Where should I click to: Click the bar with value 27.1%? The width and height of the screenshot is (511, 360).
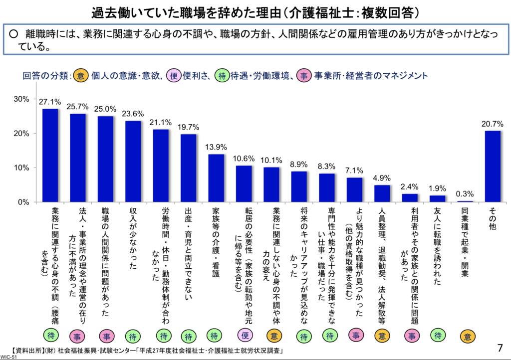[50, 155]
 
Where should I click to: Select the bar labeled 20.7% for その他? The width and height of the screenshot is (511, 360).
[493, 166]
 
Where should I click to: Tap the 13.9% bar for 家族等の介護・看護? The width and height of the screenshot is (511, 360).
[216, 178]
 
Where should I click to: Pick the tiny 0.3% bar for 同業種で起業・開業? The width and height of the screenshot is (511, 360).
[465, 201]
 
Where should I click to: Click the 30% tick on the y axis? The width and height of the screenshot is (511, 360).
[20, 99]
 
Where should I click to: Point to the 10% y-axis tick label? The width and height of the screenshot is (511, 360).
[20, 168]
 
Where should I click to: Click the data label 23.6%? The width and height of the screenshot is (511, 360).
[133, 113]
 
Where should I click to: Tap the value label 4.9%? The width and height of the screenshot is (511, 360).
[382, 178]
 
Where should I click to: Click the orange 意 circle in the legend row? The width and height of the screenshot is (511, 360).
[81, 76]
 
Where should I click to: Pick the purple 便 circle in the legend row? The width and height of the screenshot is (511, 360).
[174, 76]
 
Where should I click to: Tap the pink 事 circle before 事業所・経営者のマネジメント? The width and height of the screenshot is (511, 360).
[303, 76]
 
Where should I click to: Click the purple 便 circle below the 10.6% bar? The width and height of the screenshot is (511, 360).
[244, 336]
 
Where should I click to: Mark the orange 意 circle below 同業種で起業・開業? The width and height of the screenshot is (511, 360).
[465, 336]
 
